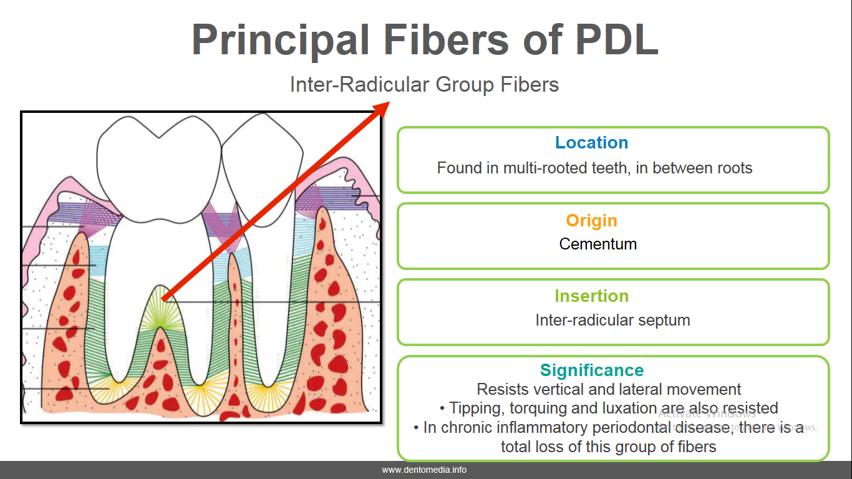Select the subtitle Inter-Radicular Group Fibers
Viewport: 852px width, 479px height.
pyautogui.click(x=424, y=84)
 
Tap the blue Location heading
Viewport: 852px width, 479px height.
pyautogui.click(x=591, y=143)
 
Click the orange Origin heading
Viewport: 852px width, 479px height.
pyautogui.click(x=591, y=221)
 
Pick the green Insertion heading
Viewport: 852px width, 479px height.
pyautogui.click(x=591, y=296)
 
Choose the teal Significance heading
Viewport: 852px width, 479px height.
pyautogui.click(x=591, y=370)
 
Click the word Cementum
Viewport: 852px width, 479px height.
pyautogui.click(x=598, y=244)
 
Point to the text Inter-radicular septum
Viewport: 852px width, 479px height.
pyautogui.click(x=612, y=321)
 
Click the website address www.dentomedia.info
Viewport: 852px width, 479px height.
pyautogui.click(x=424, y=470)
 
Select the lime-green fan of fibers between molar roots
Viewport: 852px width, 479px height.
pyautogui.click(x=161, y=309)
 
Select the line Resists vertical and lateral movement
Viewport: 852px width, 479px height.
pyautogui.click(x=609, y=390)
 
